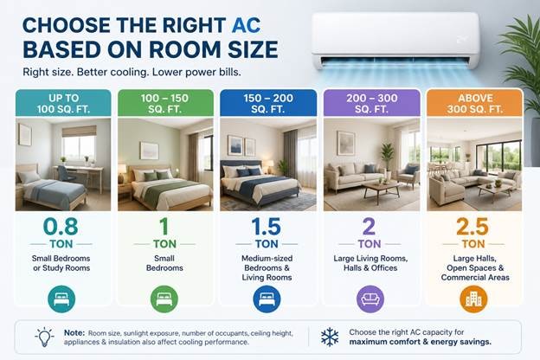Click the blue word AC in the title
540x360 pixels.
(x=246, y=25)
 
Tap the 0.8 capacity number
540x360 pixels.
(x=61, y=227)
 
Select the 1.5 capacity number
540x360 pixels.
(x=266, y=227)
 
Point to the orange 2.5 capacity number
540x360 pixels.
(x=472, y=227)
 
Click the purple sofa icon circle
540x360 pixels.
(x=370, y=299)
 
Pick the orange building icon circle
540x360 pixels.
(x=473, y=299)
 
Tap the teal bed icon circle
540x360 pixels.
(x=61, y=299)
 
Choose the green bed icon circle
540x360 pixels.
(x=164, y=299)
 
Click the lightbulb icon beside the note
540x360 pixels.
(x=44, y=337)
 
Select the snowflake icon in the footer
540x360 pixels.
(x=330, y=337)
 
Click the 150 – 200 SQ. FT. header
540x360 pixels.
(x=268, y=103)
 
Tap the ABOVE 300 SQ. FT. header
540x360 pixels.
(x=475, y=103)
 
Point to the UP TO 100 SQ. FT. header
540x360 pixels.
(x=63, y=103)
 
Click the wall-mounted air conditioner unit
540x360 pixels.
(x=395, y=40)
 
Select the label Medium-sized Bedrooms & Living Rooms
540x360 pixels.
(x=267, y=267)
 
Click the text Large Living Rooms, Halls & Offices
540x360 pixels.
(x=370, y=263)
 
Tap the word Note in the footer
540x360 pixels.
(x=74, y=333)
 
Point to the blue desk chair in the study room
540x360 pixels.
(x=67, y=174)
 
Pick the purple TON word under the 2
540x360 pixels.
(x=370, y=244)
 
